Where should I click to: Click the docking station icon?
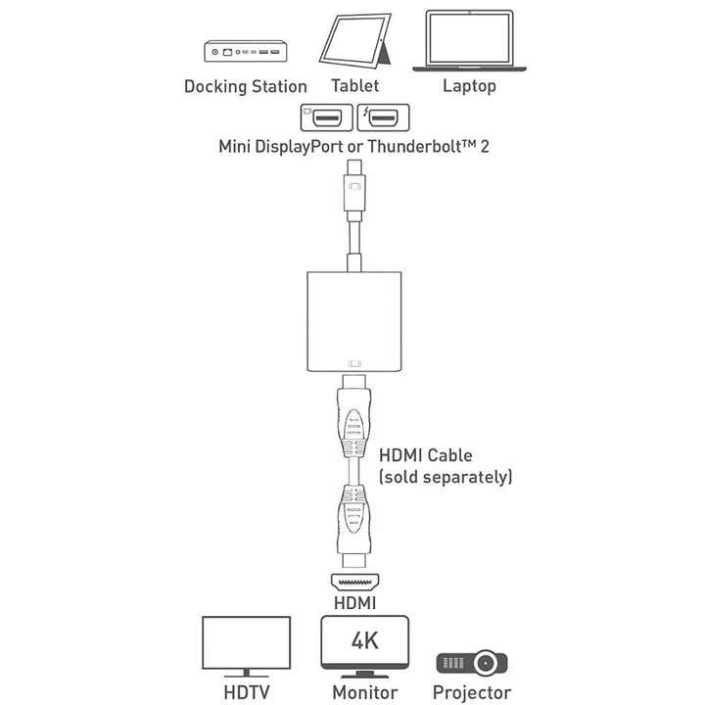[x=246, y=51]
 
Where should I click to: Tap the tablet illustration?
[x=355, y=41]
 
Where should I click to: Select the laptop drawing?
[x=469, y=40]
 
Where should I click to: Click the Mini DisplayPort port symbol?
[x=326, y=117]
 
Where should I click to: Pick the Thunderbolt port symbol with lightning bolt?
[x=384, y=117]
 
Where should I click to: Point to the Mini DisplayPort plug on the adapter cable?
[x=354, y=190]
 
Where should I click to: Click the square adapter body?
[x=354, y=321]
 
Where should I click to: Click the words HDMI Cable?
[x=425, y=455]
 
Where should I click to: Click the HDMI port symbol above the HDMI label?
[x=354, y=583]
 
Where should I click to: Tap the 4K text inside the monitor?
[x=364, y=640]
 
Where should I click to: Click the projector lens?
[x=486, y=663]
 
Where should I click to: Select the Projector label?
[x=472, y=693]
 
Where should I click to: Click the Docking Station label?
[x=246, y=86]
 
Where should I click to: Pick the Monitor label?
[x=365, y=692]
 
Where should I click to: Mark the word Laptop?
[x=469, y=86]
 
